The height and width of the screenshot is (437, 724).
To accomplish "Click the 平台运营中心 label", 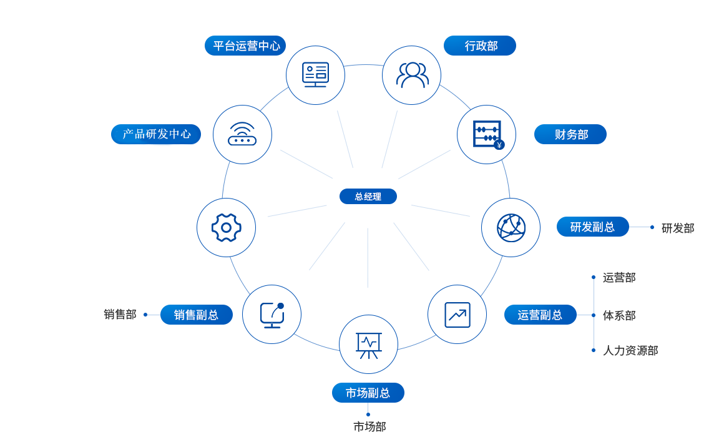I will pos(245,46).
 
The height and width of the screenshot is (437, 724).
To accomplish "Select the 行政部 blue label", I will pos(480,46).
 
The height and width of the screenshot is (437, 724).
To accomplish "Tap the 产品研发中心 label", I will pos(156,134).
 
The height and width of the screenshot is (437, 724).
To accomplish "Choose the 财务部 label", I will pos(570,134).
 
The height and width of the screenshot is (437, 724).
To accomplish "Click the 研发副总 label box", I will pos(592,227).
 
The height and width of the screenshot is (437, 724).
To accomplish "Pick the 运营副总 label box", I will pos(540,315).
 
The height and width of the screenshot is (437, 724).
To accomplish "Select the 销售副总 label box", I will pos(196,315).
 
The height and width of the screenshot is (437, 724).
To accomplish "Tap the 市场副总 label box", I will pos(368,393).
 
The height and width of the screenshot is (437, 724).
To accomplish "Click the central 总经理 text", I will pos(368,197).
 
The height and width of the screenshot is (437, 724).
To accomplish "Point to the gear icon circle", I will pos(226,227).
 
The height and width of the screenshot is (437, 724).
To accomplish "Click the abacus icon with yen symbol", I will pos(487,134).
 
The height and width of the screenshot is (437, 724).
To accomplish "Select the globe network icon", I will pos(511,227).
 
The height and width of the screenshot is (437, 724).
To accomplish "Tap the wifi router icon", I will pos(242,134).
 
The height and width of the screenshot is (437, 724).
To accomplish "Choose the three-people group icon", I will pos(411,75).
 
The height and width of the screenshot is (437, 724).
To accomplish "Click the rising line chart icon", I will pos(457,315).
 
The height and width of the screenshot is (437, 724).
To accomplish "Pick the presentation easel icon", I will pos(368,345).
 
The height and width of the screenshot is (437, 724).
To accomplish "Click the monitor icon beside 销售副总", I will pos(271,315).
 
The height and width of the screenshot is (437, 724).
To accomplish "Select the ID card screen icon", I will pos(315,75).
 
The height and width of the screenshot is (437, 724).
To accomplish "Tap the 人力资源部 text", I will pos(630,351).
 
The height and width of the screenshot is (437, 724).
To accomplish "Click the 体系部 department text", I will pos(619,315).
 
